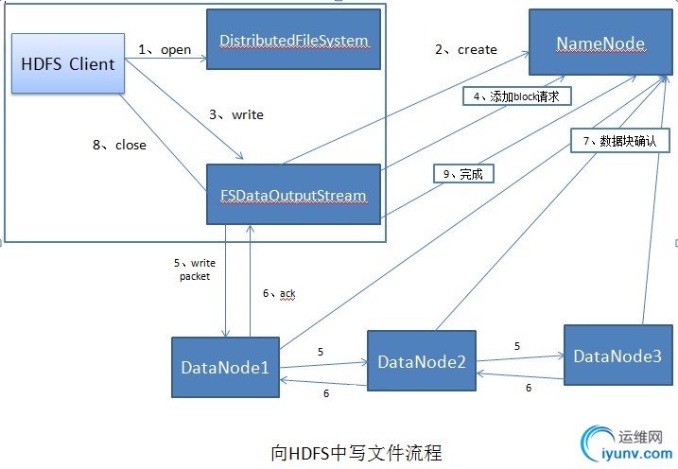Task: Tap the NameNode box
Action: click(600, 43)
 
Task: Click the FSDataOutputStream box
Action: click(293, 195)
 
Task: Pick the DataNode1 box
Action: click(224, 367)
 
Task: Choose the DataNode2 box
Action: click(421, 361)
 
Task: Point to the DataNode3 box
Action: click(617, 356)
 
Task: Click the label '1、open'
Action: click(165, 49)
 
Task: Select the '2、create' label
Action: click(466, 49)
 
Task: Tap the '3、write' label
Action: click(235, 114)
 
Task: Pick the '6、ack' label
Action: click(279, 294)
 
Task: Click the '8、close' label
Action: click(118, 146)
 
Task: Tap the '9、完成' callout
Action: click(463, 173)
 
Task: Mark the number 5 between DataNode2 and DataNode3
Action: click(517, 347)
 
